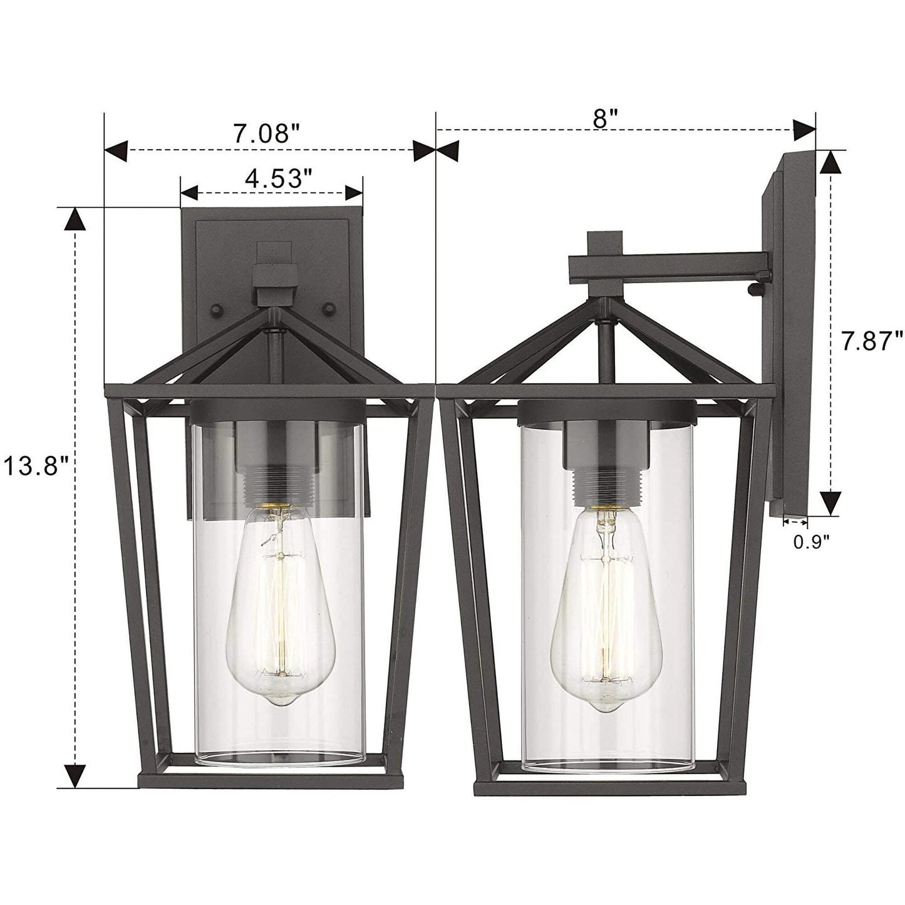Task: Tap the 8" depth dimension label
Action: click(x=606, y=118)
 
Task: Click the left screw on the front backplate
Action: click(x=216, y=309)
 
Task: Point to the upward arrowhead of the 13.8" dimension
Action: click(x=76, y=219)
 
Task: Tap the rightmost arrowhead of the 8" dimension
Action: click(x=804, y=130)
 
